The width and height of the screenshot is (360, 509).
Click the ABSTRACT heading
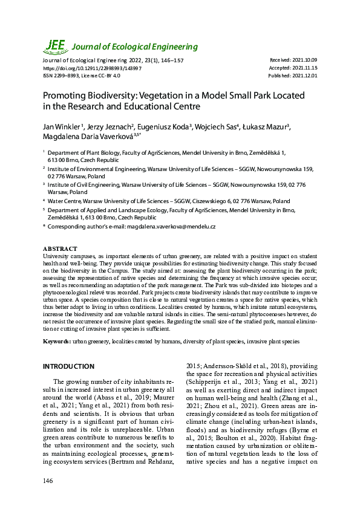pyautogui.click(x=60, y=249)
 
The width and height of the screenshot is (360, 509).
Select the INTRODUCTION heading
pyautogui.click(x=68, y=366)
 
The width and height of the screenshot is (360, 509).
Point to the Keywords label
pyautogui.click(x=57, y=342)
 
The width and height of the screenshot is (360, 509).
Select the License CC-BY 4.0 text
pyautogui.click(x=104, y=76)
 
